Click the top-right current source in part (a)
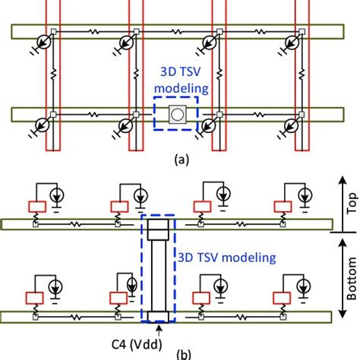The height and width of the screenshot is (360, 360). tap(291, 43)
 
